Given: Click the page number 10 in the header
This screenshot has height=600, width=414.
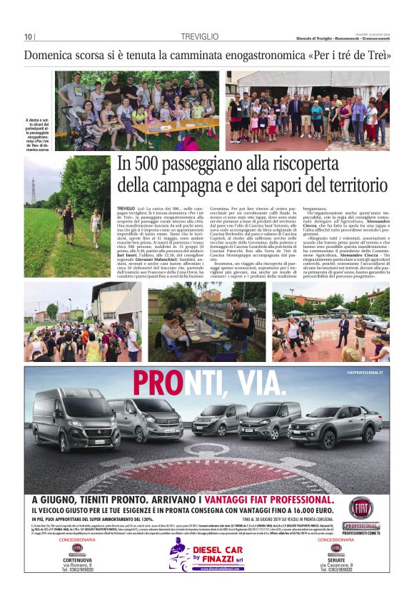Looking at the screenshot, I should tap(28, 37).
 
